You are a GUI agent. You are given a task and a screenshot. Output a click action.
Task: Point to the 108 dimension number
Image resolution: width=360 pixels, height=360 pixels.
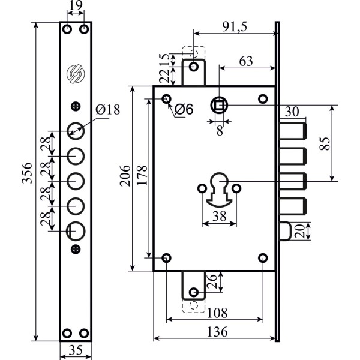point(215,313)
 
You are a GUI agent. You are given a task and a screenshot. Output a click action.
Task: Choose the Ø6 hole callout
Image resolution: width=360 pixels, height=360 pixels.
point(184,110)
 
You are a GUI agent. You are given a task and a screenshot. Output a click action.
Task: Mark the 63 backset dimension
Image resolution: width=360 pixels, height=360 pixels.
point(246,61)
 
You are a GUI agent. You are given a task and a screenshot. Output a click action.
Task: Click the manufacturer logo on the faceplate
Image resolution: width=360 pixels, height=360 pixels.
point(76,73)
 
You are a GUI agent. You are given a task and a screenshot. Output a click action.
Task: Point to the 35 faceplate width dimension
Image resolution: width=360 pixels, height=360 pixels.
point(75,352)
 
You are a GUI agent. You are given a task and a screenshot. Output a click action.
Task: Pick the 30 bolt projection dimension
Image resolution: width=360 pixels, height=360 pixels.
point(292,111)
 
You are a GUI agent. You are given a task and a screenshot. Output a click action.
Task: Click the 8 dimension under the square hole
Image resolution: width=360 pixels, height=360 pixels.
point(219,130)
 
